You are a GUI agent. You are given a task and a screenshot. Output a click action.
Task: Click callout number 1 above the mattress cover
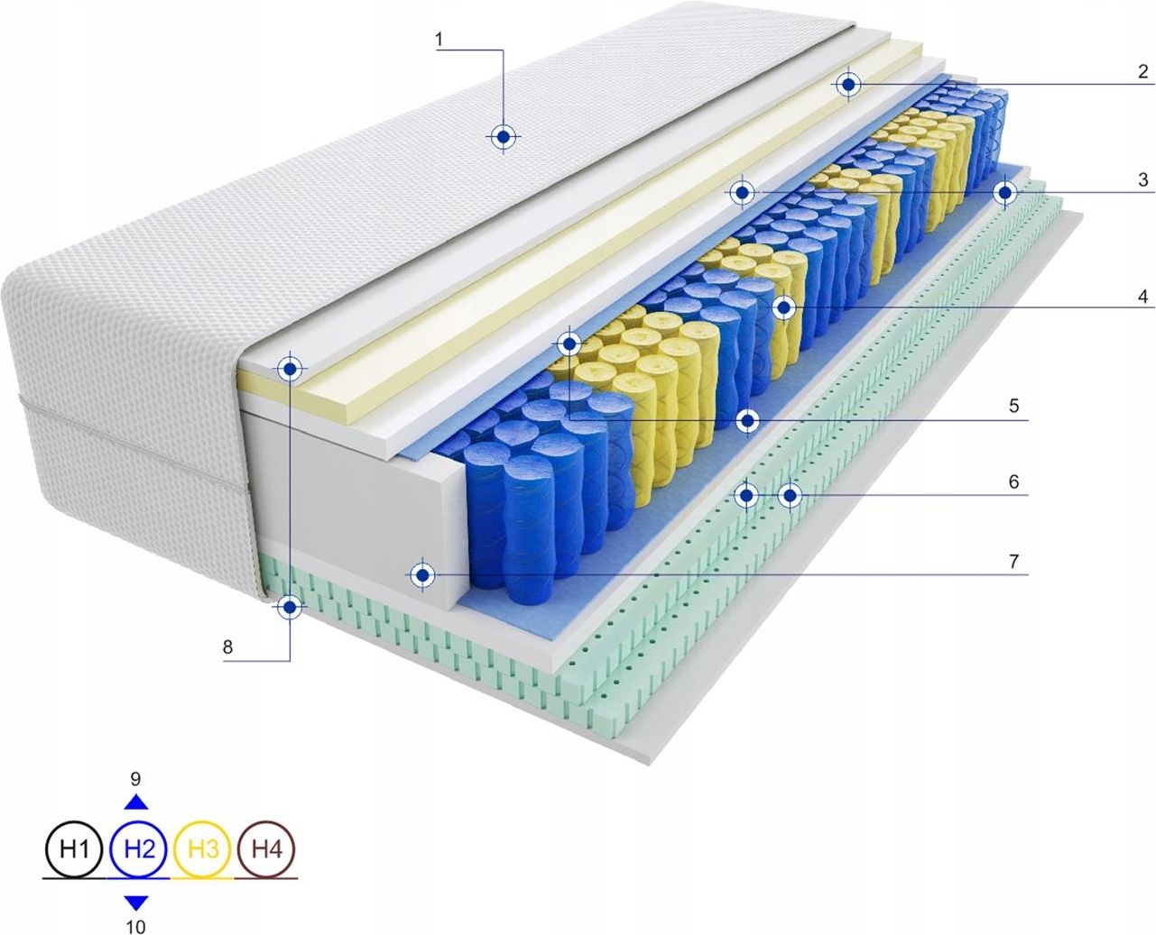[x=439, y=40]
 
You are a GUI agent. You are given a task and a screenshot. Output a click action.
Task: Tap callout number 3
[x=1142, y=179]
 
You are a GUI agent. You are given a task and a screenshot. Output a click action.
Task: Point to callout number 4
[x=1142, y=296]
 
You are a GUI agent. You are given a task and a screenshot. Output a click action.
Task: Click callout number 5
[x=1013, y=406]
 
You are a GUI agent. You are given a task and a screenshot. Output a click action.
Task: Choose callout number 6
[x=1013, y=481]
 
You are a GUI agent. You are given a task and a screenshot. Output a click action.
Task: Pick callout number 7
[x=1013, y=561]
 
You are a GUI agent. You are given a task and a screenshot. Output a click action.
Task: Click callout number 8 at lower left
[x=227, y=646]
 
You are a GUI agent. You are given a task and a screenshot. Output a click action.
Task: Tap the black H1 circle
[x=74, y=848]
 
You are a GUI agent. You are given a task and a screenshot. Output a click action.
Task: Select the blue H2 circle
[x=139, y=848]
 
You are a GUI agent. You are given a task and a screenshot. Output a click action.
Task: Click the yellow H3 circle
[x=204, y=848]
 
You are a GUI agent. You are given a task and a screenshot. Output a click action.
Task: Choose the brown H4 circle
[x=267, y=848]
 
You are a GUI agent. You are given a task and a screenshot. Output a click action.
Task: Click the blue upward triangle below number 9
[x=136, y=802]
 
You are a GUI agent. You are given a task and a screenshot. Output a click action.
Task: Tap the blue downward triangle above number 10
[x=136, y=901]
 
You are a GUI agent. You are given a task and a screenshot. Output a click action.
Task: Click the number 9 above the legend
[x=136, y=779]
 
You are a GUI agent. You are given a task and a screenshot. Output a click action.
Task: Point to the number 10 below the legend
[x=136, y=925]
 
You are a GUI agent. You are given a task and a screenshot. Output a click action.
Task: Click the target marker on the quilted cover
[x=503, y=137]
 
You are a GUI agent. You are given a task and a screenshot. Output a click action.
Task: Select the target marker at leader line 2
[x=848, y=85]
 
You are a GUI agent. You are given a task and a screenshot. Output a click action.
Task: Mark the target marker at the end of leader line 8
[x=290, y=607]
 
